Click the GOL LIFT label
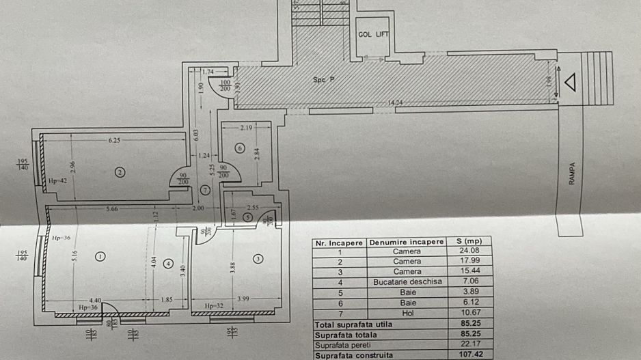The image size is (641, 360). pyautogui.click(x=372, y=34)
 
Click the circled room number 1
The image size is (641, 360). pyautogui.click(x=100, y=257)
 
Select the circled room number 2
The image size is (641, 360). pyautogui.click(x=120, y=172)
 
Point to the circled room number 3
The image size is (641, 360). pyautogui.click(x=257, y=258)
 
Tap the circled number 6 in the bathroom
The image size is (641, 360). pyautogui.click(x=239, y=148)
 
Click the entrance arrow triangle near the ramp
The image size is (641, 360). pyautogui.click(x=570, y=83)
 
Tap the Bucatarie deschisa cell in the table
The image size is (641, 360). pyautogui.click(x=407, y=281)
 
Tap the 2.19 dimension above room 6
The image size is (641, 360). pyautogui.click(x=247, y=128)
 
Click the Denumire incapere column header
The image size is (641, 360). pyautogui.click(x=407, y=242)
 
